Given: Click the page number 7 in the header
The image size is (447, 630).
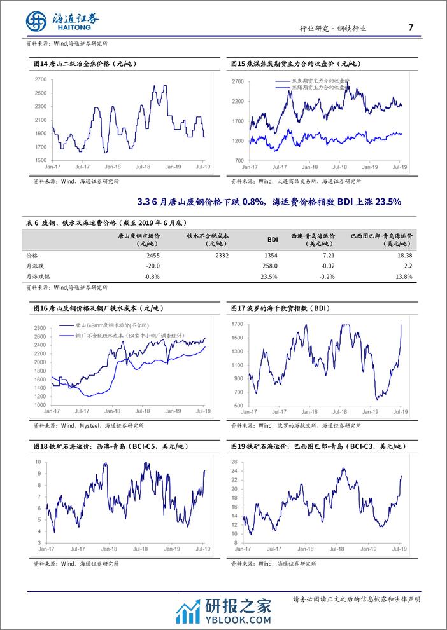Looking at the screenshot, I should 410,27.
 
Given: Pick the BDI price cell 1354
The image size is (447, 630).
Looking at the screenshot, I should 271,255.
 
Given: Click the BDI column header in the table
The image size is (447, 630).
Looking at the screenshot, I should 272,240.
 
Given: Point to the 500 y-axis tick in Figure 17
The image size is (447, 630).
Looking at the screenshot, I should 236,406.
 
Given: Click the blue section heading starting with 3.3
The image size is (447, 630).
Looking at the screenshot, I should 269,202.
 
